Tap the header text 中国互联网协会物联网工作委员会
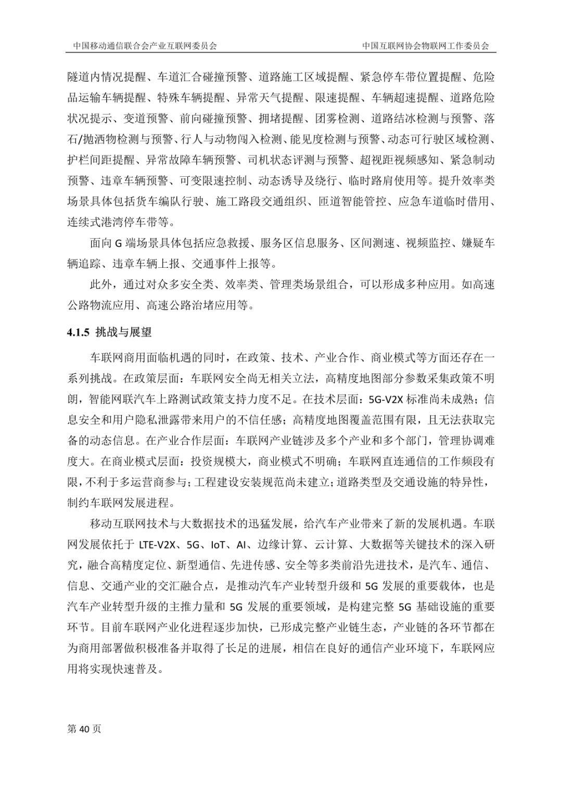click(426, 46)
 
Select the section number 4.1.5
click(79, 332)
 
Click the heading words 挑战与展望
click(123, 332)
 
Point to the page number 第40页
click(84, 728)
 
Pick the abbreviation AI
click(241, 545)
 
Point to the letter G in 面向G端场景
click(118, 243)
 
